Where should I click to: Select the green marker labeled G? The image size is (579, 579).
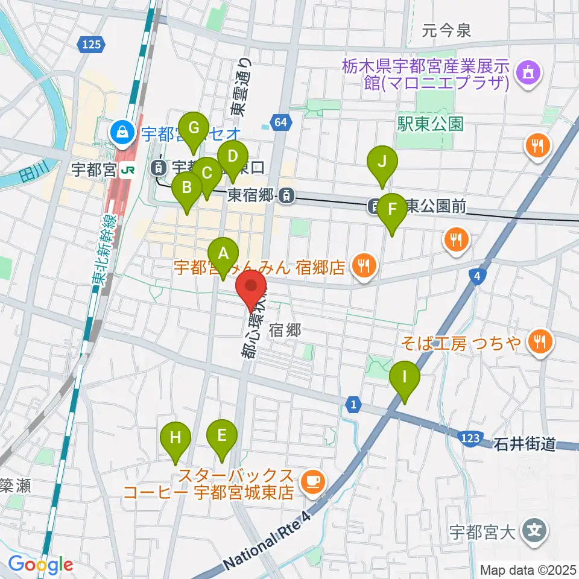click(194, 129)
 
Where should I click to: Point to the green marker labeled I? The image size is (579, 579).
click(405, 379)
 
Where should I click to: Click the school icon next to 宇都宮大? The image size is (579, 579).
click(534, 531)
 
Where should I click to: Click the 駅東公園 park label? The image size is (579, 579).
click(430, 125)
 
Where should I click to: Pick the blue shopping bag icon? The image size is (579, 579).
click(122, 131)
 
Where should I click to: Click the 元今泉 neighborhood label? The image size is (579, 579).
click(446, 30)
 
